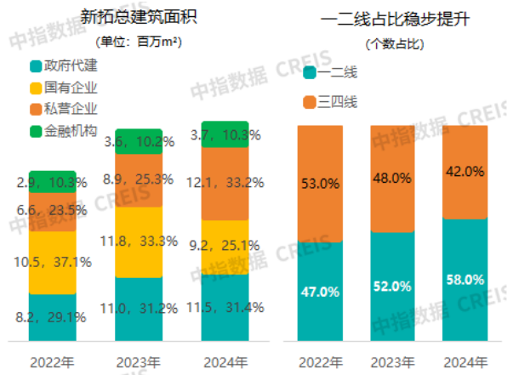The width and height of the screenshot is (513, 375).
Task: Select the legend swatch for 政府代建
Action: [x=36, y=66]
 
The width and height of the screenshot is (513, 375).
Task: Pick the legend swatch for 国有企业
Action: [x=36, y=88]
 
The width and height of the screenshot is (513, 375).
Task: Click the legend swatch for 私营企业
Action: [x=36, y=109]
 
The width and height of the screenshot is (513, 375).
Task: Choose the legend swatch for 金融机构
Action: [x=36, y=130]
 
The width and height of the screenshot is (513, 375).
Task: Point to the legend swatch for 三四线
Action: [x=309, y=103]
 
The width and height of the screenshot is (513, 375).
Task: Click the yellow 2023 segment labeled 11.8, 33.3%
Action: [x=139, y=241]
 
